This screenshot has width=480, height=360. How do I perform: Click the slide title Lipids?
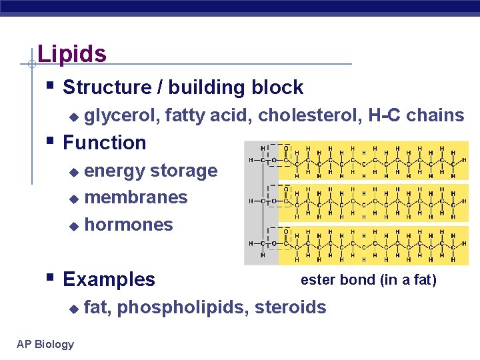tap(72, 53)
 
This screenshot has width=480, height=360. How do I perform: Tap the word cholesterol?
tap(310, 115)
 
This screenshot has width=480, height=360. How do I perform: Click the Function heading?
tap(104, 143)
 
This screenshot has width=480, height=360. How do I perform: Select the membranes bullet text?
tap(136, 197)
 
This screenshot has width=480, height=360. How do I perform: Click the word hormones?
tap(129, 225)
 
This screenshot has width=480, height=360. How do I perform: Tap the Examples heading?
tap(109, 279)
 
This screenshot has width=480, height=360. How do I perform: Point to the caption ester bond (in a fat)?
tap(368, 280)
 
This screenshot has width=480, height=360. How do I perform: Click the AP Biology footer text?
tap(45, 344)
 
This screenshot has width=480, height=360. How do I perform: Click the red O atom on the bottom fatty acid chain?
tap(286, 231)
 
